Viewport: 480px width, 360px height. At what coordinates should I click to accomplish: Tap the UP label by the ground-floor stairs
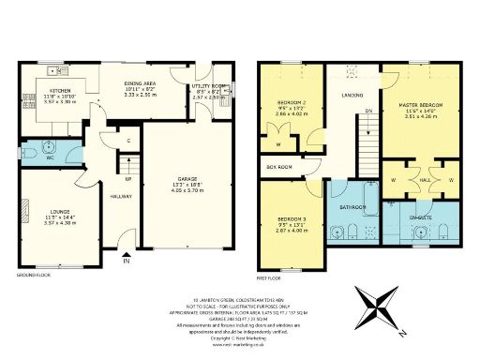(127, 177)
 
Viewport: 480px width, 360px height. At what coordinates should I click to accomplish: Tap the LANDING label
(352, 95)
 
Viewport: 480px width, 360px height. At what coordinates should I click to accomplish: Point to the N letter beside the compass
(400, 332)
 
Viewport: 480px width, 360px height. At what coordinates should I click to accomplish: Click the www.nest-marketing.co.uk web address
(240, 344)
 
